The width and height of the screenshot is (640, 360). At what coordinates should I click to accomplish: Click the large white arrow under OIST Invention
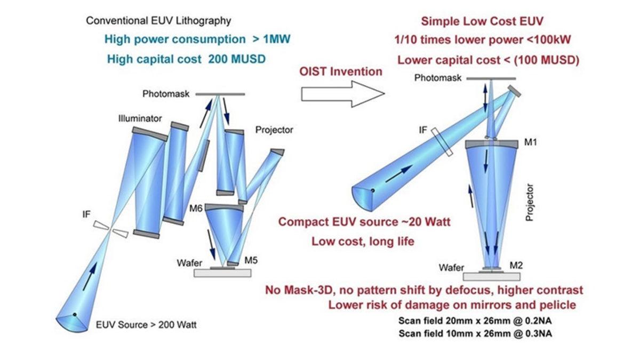pos(343,94)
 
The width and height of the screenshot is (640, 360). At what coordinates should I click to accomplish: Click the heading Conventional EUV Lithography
pos(158,21)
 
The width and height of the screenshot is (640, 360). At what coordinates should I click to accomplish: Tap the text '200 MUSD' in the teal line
pos(237,59)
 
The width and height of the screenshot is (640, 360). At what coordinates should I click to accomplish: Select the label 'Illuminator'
pos(140,118)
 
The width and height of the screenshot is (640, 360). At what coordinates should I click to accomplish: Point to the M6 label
pos(196,209)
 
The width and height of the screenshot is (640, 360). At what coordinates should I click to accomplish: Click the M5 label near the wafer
pos(251,260)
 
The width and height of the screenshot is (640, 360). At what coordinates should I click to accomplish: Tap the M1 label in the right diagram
pos(531,142)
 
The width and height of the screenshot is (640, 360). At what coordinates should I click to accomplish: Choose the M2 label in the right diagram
pos(516,266)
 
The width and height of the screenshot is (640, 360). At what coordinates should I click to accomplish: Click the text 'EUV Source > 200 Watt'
pos(146,325)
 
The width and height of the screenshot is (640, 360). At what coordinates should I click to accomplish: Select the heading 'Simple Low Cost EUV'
pos(482,21)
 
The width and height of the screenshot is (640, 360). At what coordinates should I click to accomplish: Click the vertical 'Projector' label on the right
pos(530,202)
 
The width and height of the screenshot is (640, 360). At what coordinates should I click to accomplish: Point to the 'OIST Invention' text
pos(341,71)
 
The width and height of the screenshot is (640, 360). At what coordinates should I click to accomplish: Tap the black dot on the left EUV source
pos(75,315)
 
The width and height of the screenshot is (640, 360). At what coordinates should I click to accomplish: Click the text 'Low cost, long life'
pos(363,242)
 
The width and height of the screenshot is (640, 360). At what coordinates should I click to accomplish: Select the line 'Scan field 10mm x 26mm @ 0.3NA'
pos(475,333)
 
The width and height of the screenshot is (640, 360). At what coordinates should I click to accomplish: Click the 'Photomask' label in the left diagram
pos(166,94)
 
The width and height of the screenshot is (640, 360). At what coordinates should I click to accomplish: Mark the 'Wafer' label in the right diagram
pos(451,268)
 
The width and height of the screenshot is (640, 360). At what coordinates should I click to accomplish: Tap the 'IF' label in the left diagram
pos(86,214)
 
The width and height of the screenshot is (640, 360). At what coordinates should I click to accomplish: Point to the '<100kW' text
pos(549,39)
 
